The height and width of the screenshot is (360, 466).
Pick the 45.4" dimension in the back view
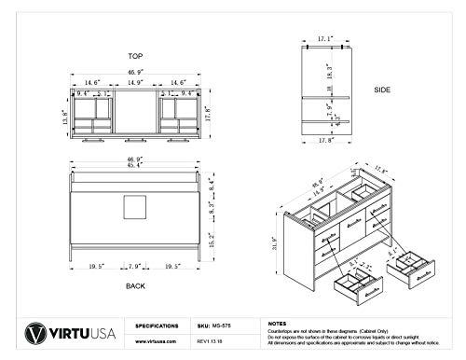pos(137,169)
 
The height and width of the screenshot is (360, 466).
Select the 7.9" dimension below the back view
pos(136,264)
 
